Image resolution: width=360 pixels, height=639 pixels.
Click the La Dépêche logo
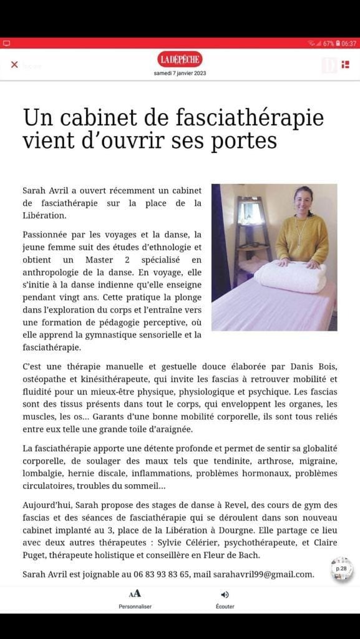coord(180,59)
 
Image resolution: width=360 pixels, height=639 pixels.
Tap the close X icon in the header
coord(14,64)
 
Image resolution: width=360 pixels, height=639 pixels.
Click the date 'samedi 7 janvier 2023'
coord(180,73)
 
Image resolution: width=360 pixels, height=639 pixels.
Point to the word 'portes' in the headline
coord(248,140)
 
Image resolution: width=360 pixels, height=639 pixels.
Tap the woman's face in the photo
coord(304,201)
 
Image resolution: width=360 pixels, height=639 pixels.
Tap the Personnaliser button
coord(135,599)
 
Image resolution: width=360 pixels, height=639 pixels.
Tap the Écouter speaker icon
coord(225,595)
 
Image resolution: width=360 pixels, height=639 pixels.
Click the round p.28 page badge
coord(341,569)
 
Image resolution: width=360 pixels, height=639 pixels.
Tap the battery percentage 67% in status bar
coord(329,44)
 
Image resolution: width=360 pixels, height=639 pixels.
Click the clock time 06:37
coord(348,44)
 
